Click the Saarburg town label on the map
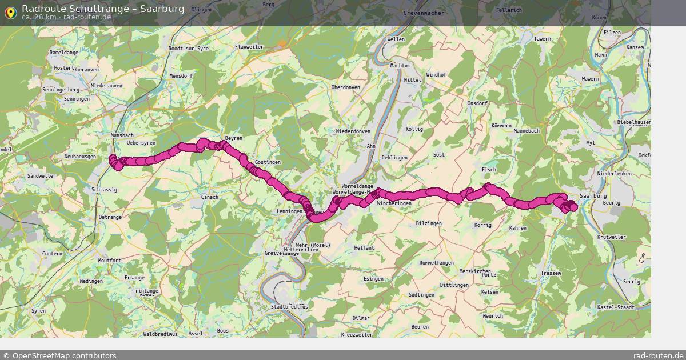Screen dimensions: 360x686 (593, 196)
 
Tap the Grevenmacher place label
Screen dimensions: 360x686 (424, 12)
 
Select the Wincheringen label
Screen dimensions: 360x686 (394, 203)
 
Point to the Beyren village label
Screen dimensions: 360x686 (234, 138)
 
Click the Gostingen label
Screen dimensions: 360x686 (268, 162)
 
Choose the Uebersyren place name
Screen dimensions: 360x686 (141, 143)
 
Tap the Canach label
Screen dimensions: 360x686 (210, 198)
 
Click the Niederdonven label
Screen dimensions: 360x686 (353, 131)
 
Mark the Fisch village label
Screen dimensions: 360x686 (489, 170)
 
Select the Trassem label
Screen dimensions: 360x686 (551, 273)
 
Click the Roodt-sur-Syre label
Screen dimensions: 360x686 (189, 49)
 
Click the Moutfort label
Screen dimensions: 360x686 (109, 261)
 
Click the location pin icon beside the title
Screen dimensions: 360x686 (10, 12)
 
